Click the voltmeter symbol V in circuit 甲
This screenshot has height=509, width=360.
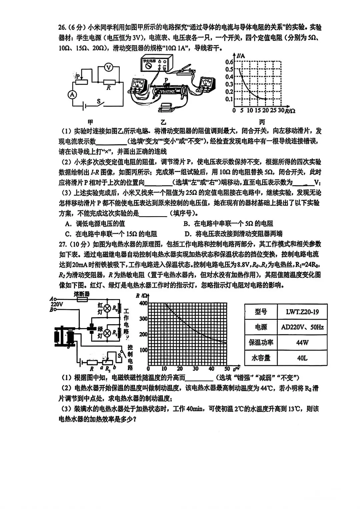point(108,68)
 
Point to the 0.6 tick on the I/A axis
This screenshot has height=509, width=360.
point(229,62)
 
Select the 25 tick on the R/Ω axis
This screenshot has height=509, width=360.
point(273,111)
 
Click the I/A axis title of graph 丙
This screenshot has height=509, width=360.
point(241,56)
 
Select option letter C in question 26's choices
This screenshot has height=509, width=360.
point(68,234)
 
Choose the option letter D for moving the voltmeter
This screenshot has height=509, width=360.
point(187,234)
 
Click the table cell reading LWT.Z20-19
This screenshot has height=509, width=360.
point(302,312)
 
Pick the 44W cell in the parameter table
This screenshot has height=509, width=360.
point(302,342)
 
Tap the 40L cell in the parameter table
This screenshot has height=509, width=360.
point(302,358)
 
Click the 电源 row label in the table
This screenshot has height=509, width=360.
point(261,327)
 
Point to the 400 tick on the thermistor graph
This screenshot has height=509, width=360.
point(143,303)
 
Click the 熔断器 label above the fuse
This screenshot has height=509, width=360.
point(82,294)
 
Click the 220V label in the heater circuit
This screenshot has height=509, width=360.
point(57,304)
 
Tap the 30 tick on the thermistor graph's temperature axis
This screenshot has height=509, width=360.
point(196,369)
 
